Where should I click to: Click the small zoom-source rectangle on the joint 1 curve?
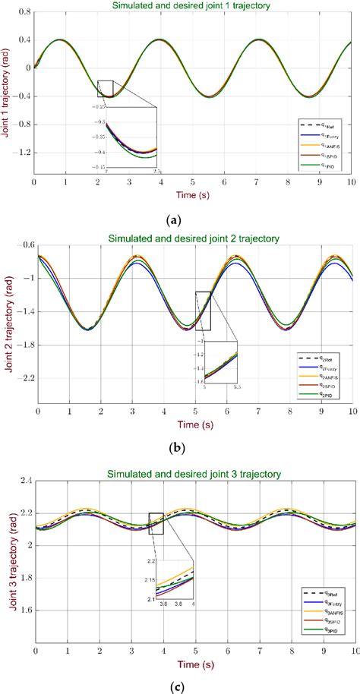coord(106,89)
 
